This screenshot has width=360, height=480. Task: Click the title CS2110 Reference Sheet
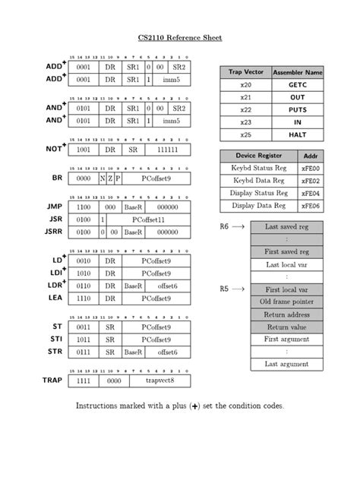coord(179,37)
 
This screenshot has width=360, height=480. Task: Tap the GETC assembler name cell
coord(297,85)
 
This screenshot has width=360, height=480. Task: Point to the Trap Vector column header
coord(245,71)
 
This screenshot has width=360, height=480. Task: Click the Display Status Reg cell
coord(259,193)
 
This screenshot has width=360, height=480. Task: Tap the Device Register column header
coord(259,155)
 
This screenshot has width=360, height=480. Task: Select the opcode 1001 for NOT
coord(84,150)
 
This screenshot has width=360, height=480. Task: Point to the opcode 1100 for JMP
coord(84,207)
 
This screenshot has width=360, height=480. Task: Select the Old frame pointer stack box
coord(286,302)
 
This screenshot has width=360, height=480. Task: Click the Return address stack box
coord(286,314)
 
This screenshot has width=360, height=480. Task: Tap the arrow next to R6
coord(237,226)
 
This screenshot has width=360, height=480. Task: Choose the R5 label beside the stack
coord(224,289)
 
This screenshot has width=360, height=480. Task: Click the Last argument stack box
coord(286,364)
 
